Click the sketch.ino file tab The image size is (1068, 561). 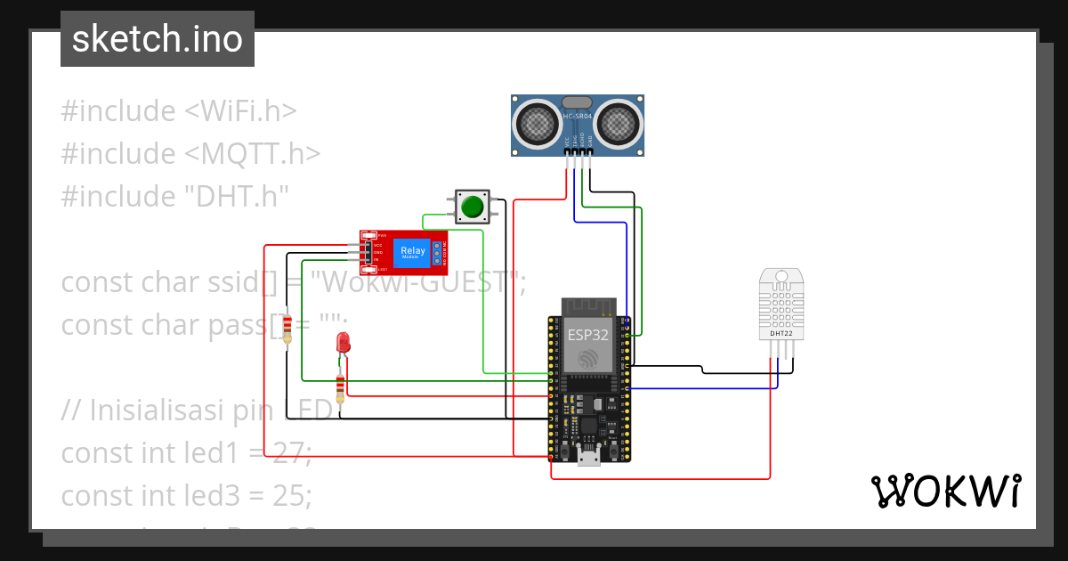click(x=158, y=39)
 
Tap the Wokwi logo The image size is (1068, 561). click(x=945, y=492)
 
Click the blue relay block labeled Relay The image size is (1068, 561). click(x=413, y=252)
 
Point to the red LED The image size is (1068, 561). click(x=343, y=343)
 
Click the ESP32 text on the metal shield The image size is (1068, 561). click(x=588, y=335)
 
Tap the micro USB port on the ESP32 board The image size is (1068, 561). click(x=588, y=459)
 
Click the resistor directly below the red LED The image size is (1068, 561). click(x=340, y=388)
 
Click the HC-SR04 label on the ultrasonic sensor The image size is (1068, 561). click(x=577, y=116)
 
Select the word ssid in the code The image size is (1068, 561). click(x=234, y=282)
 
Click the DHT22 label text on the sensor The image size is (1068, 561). click(x=781, y=333)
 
